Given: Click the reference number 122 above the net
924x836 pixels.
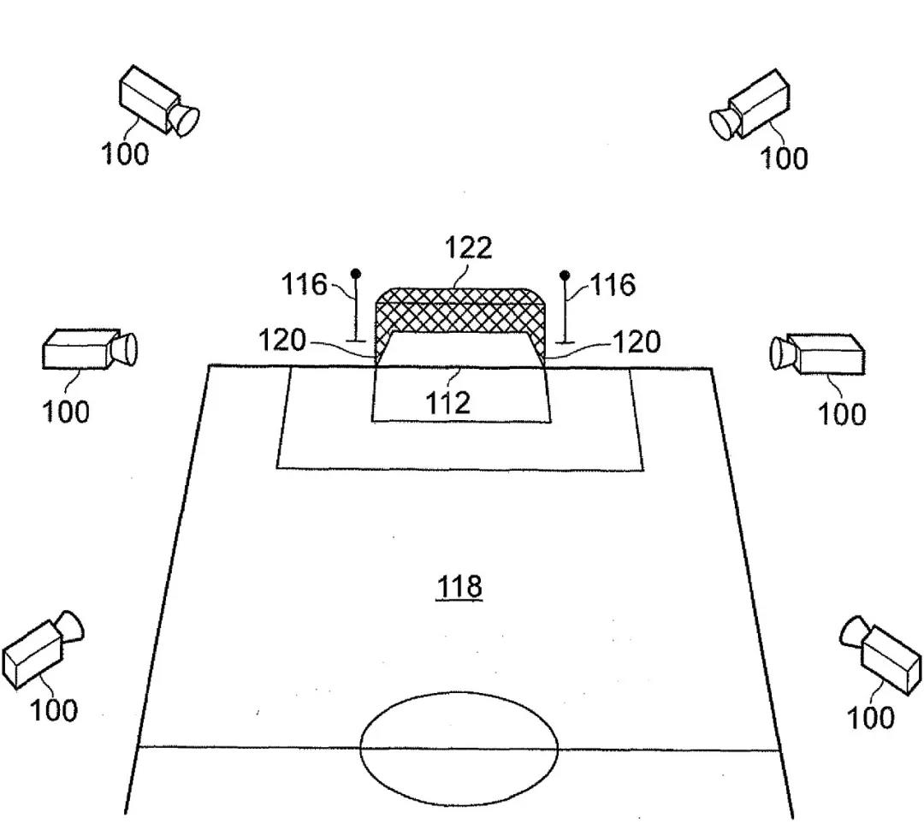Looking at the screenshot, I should [468, 248].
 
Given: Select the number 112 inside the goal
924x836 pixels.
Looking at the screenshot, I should [448, 402].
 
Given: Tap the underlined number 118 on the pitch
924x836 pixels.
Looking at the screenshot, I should [460, 587].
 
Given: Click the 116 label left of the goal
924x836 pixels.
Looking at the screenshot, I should [305, 284].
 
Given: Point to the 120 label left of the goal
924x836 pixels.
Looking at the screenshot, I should [282, 341].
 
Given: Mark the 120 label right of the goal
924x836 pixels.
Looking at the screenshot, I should [637, 342].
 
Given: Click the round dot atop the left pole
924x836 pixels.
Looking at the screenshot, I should [356, 274].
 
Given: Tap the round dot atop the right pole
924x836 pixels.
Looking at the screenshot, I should [565, 275].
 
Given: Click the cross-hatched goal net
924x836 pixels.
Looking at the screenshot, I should [459, 313].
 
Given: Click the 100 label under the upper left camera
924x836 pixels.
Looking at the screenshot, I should [125, 155].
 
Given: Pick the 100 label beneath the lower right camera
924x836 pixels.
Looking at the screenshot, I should [870, 718].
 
